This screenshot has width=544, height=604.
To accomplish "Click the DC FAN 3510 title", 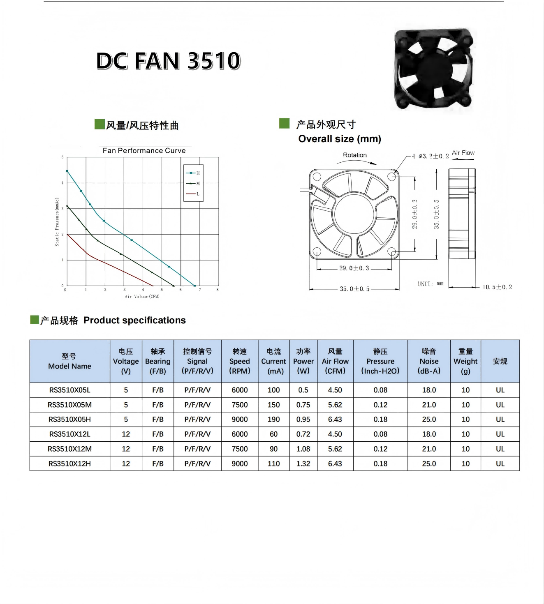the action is click(168, 61).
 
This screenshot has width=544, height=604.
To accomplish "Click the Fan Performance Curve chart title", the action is click(144, 150).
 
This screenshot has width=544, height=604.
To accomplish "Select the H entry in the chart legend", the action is click(193, 173).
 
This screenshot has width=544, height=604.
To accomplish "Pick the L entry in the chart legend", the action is click(193, 194).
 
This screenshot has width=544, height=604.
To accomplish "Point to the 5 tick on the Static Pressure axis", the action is click(63, 157).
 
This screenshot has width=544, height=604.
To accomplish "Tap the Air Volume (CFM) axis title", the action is click(142, 297).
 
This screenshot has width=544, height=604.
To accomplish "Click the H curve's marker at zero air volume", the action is click(67, 171).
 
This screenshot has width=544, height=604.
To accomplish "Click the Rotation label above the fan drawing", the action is click(355, 155).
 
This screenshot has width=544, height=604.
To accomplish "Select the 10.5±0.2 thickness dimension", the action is click(497, 287).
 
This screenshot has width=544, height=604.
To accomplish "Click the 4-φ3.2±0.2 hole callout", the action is click(431, 156).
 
